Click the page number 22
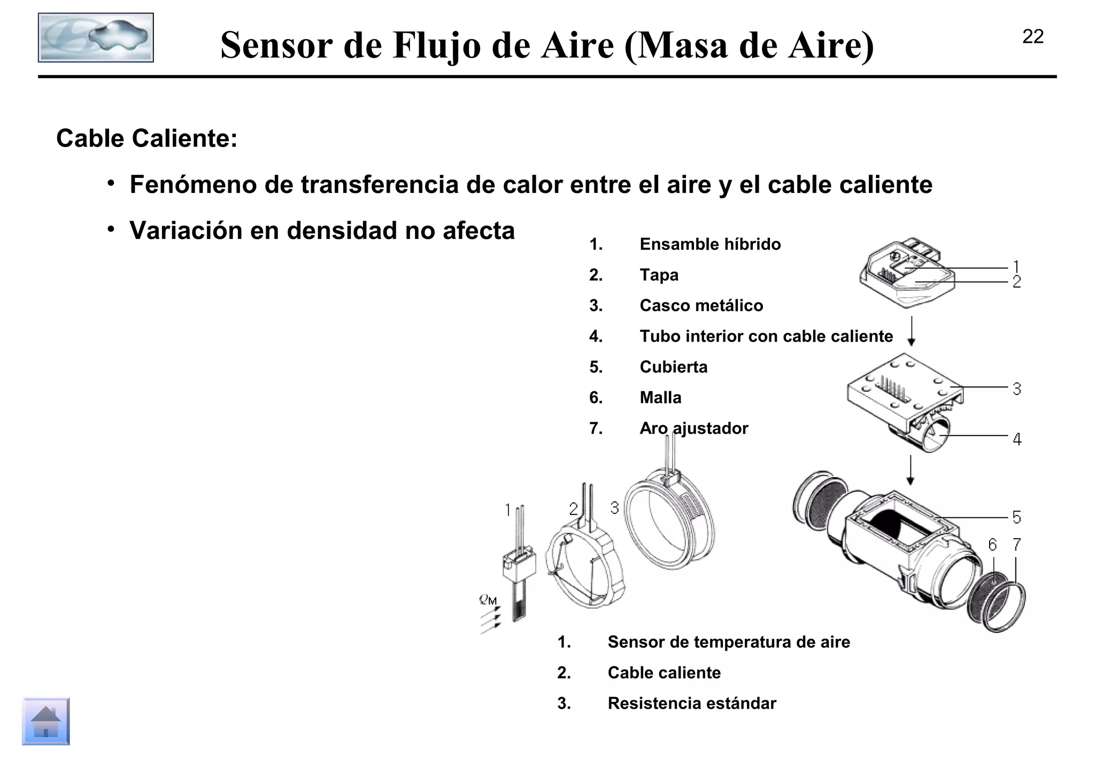point(1032,36)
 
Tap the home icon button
point(46,721)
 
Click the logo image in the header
point(96,37)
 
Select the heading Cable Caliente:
point(146,138)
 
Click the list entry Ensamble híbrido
point(710,244)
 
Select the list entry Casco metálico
point(701,306)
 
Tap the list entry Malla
point(660,398)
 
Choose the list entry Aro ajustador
point(693,428)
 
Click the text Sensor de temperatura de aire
point(728,642)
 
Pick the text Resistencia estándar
point(691,703)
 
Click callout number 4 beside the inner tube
point(1017,439)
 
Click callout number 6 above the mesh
point(992,545)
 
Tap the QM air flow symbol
point(488,600)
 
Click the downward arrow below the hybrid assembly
point(912,331)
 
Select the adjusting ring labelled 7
point(1005,607)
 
